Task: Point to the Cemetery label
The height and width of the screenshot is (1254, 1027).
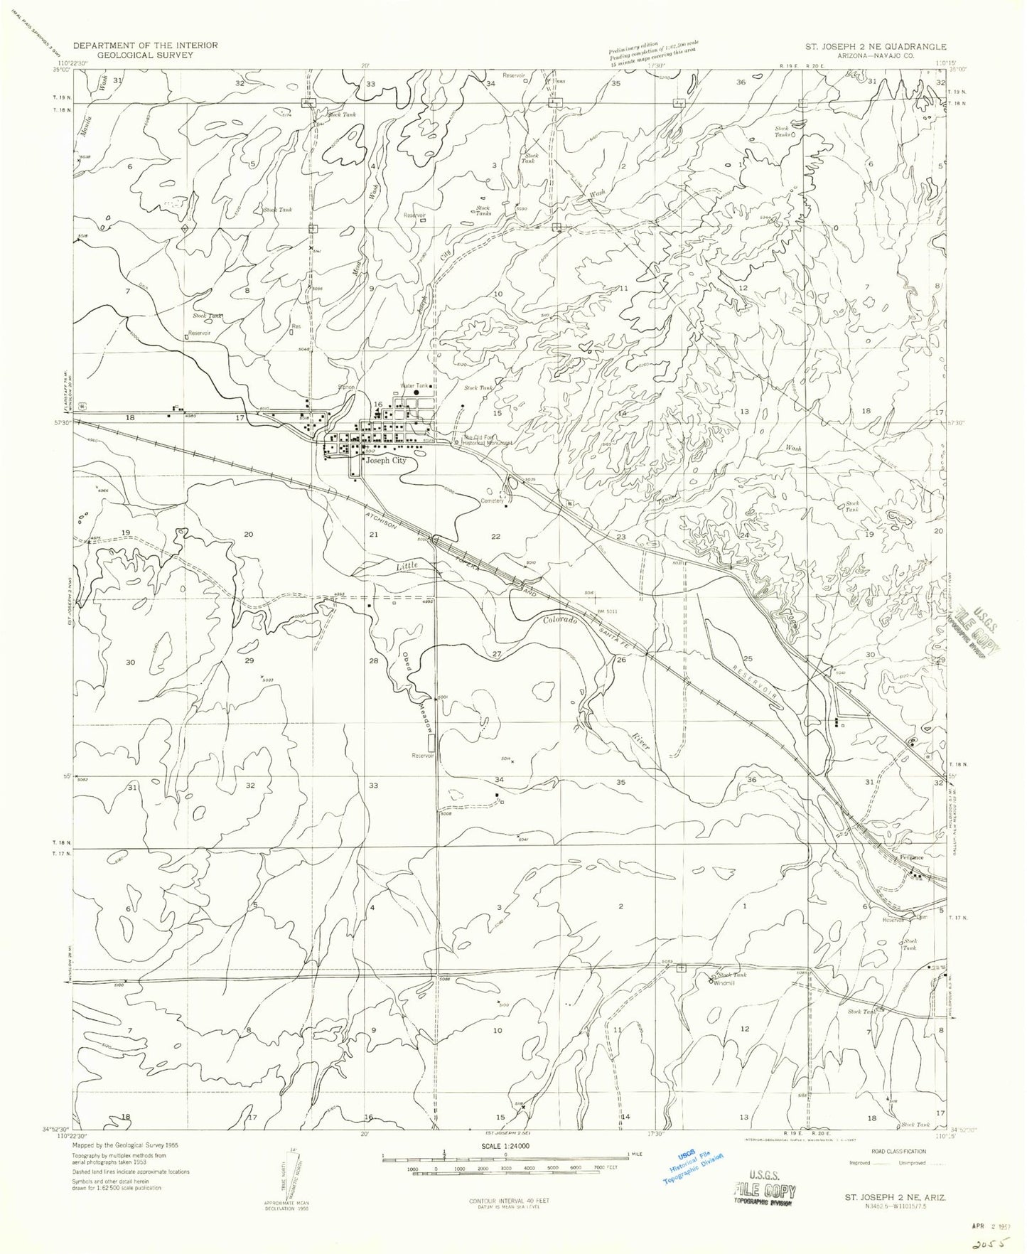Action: (x=493, y=500)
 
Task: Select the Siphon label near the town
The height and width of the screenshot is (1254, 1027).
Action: (x=346, y=387)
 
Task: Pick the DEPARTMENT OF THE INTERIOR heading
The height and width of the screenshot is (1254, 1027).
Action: (x=140, y=45)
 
